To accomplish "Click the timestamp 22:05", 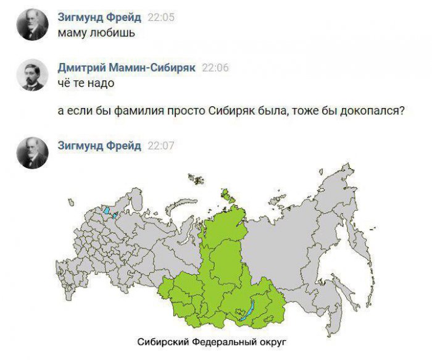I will [161, 17].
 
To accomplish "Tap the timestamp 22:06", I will [215, 68].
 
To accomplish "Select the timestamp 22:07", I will [161, 146].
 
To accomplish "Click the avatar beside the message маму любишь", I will [32, 25].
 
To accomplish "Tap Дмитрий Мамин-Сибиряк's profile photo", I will [32, 75].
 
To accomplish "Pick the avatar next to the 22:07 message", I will [32, 153].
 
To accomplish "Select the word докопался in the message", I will [372, 112].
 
